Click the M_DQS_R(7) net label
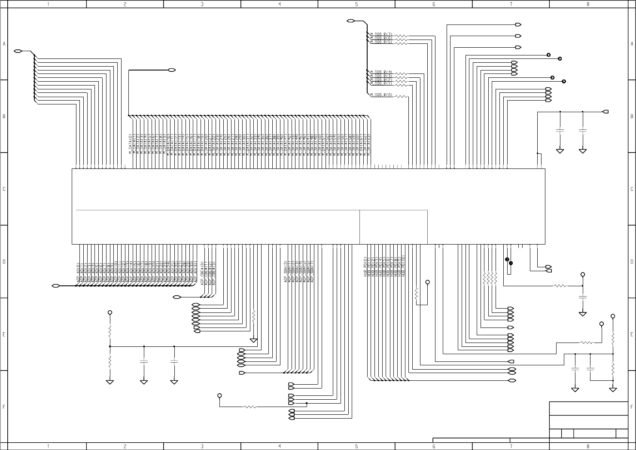(381, 34)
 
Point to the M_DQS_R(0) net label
(381, 95)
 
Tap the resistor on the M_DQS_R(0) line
(401, 96)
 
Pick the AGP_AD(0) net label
(78, 272)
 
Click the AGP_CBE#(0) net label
(202, 272)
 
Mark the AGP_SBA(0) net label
(286, 271)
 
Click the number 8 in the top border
(588, 4)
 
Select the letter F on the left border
(4, 407)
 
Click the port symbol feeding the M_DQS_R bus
(350, 21)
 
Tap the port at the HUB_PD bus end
(511, 381)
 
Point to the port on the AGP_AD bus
(55, 286)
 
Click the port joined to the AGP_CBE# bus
(176, 297)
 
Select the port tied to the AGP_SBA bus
(242, 373)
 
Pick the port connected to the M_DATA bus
(172, 70)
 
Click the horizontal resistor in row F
(250, 407)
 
